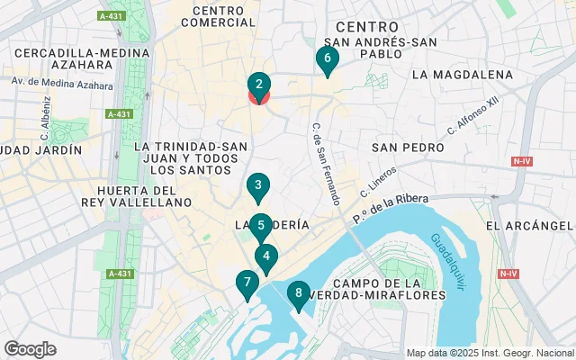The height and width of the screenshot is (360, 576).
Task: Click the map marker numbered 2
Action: (x=259, y=86)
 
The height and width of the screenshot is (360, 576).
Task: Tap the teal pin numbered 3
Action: (x=258, y=187)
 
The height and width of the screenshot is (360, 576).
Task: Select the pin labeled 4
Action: (x=265, y=256)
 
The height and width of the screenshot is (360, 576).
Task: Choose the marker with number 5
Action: (x=260, y=226)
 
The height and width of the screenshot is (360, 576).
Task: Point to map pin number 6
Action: (x=327, y=59)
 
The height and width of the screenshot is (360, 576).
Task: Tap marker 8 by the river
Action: (x=298, y=292)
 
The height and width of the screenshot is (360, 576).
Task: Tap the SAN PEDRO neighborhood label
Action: (x=409, y=147)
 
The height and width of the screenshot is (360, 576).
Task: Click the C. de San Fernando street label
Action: (x=325, y=163)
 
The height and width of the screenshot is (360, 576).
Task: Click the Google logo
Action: (x=30, y=348)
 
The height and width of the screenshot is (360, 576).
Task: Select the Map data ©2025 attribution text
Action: (x=489, y=353)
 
